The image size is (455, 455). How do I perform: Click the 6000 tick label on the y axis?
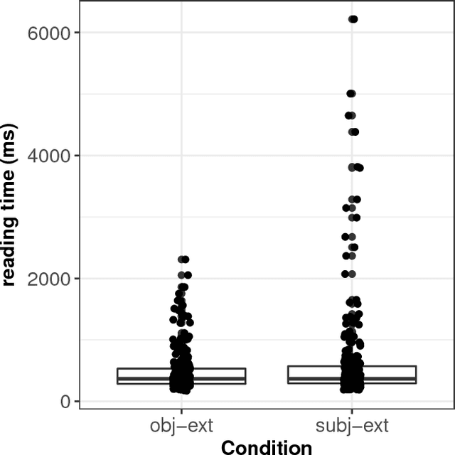click(x=50, y=33)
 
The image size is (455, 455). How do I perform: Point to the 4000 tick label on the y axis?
click(x=50, y=156)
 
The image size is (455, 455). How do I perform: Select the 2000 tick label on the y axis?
click(x=50, y=279)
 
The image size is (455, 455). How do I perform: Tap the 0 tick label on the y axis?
click(x=65, y=402)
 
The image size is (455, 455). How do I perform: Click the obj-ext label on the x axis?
click(x=181, y=426)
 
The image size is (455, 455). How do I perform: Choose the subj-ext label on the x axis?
click(x=352, y=426)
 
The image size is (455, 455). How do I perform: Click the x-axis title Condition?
click(x=267, y=446)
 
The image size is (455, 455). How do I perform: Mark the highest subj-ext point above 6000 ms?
click(x=353, y=19)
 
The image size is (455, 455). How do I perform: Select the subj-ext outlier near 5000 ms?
click(x=351, y=94)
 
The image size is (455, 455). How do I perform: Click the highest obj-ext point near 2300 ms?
click(x=183, y=259)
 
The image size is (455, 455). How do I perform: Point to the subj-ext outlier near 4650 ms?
click(x=350, y=115)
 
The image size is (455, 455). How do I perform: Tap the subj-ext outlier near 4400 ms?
click(x=353, y=132)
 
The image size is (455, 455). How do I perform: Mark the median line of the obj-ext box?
click(x=220, y=379)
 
